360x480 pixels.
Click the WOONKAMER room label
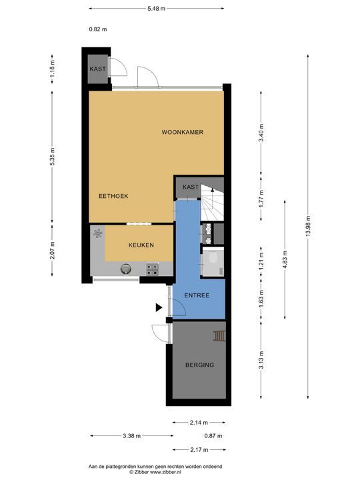[183, 132]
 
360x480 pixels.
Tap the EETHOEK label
[113, 196]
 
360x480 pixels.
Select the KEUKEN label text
[141, 245]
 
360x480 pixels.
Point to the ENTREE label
[197, 295]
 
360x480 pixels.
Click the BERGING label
[199, 365]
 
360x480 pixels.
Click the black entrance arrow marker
[159, 307]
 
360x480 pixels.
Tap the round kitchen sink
[126, 269]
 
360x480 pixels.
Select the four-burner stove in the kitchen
[152, 269]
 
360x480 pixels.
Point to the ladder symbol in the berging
[219, 336]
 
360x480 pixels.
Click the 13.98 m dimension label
[308, 225]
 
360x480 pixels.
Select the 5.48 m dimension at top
[157, 9]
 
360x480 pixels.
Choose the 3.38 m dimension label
[131, 436]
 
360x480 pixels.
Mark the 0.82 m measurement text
[98, 29]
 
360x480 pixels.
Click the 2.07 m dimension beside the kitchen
[53, 250]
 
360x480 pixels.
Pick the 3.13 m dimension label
[261, 360]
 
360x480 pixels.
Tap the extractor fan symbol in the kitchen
[98, 234]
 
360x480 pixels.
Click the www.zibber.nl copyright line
[155, 473]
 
